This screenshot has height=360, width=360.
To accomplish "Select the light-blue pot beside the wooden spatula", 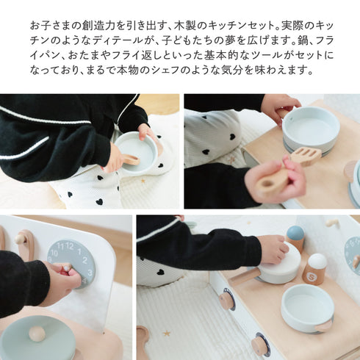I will tap(310, 126).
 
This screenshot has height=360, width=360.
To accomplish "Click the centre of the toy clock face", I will tap(71, 264).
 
